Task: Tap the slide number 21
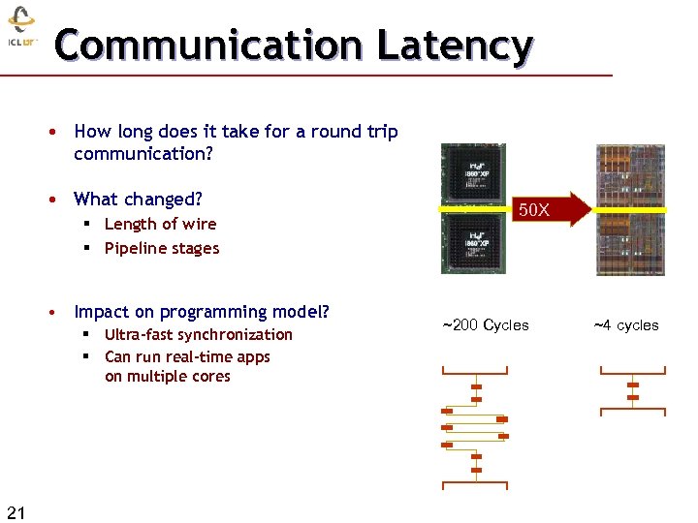pyautogui.click(x=16, y=511)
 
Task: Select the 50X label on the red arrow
pyautogui.click(x=534, y=209)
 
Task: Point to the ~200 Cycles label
pyautogui.click(x=486, y=325)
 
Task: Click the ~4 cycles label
pyautogui.click(x=625, y=325)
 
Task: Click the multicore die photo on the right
pyautogui.click(x=630, y=209)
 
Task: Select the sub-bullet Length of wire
pyautogui.click(x=160, y=224)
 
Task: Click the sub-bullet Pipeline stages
pyautogui.click(x=162, y=248)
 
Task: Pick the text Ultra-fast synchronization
pyautogui.click(x=198, y=334)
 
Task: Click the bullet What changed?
pyautogui.click(x=138, y=199)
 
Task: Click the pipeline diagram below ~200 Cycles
pyautogui.click(x=475, y=426)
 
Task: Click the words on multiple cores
pyautogui.click(x=167, y=377)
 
